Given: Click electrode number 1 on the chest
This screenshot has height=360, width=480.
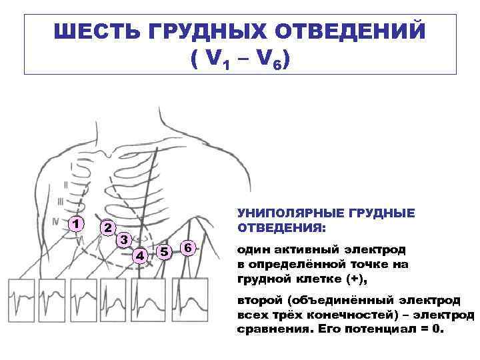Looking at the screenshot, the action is [78, 223].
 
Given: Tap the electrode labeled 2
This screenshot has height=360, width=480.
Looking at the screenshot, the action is [106, 227].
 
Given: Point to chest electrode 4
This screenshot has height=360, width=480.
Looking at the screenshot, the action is [139, 255].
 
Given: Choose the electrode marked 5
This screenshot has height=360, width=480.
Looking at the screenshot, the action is [164, 251].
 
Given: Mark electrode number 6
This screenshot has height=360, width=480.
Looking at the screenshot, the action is [189, 248].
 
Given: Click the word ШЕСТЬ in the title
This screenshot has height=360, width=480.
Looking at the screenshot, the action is [91, 33].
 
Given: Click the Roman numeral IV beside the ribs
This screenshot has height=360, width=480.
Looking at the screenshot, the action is [57, 219].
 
